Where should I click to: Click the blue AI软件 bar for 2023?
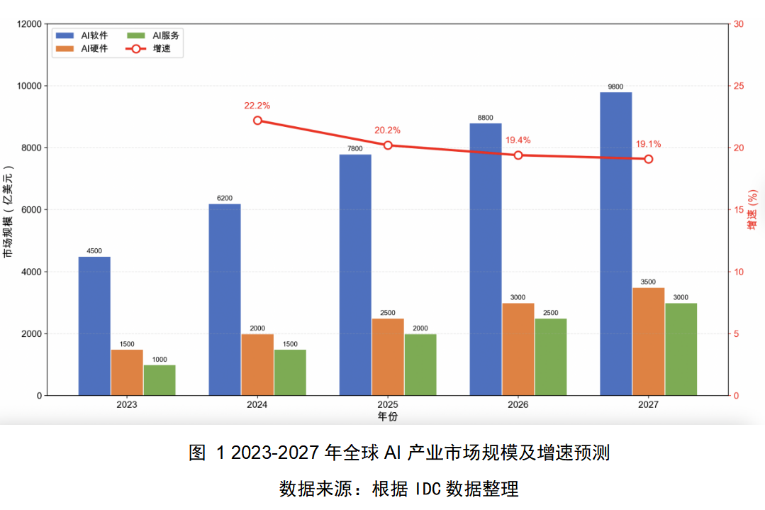coord(94,326)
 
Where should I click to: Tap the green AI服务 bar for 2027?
coord(681,349)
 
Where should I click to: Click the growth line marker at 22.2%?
coord(257,121)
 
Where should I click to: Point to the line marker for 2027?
coord(648,159)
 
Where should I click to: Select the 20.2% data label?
coord(387,131)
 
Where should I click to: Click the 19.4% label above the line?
coord(518,140)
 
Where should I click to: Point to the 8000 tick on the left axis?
coord(32,148)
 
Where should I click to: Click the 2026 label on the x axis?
coord(518,404)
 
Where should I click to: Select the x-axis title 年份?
coord(387,416)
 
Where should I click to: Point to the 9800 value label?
coord(615,87)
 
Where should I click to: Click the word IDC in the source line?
coord(429,489)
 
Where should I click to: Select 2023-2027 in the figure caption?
coord(275,453)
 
